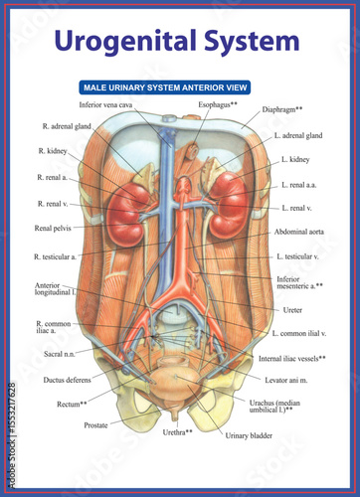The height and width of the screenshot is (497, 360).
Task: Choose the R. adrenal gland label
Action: coord(68,126)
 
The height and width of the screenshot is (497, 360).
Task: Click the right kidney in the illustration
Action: coord(127,203)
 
